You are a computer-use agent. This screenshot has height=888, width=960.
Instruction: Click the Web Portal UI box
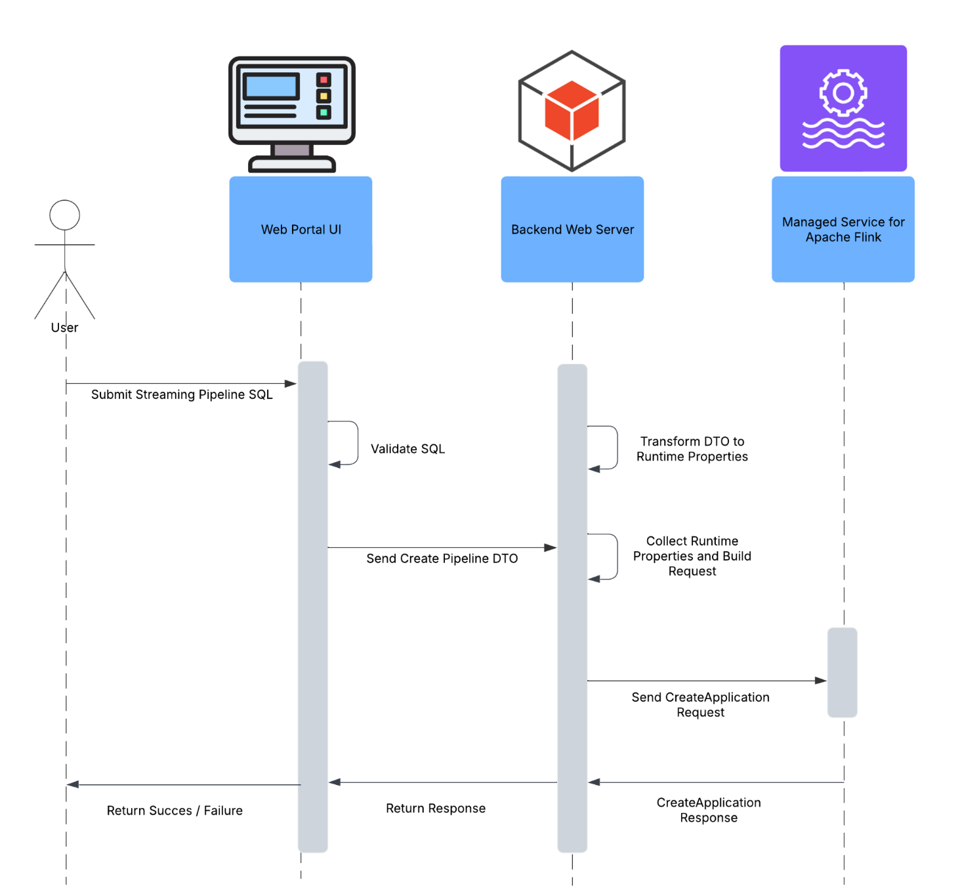[301, 229]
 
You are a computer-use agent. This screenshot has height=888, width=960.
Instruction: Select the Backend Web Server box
[572, 229]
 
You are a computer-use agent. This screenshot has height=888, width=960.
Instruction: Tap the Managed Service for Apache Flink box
[843, 229]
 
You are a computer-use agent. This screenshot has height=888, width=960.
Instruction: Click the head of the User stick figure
[65, 215]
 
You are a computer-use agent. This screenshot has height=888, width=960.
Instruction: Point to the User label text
[64, 328]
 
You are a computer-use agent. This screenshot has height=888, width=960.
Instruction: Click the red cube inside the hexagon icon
[572, 110]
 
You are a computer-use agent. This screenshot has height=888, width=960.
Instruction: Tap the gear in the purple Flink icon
[843, 93]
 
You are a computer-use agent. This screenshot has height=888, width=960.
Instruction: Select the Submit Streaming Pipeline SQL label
[182, 394]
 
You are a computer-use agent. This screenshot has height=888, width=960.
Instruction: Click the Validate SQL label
[407, 449]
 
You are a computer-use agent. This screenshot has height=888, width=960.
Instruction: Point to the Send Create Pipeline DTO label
[442, 559]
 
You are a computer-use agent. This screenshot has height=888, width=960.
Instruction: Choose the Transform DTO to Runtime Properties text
[692, 449]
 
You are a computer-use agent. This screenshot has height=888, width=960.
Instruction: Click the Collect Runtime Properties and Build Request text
[692, 556]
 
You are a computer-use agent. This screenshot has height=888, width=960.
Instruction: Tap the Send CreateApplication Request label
[700, 705]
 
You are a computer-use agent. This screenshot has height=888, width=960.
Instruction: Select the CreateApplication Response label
[709, 810]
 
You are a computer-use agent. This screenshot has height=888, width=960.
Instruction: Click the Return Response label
[436, 809]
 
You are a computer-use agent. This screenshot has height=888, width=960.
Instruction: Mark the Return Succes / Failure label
[175, 811]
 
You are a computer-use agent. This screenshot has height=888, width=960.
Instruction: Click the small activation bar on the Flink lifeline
[842, 672]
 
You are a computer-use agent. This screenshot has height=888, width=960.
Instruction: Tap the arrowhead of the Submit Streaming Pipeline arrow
[291, 383]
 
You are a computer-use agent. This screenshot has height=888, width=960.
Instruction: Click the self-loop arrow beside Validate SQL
[356, 443]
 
